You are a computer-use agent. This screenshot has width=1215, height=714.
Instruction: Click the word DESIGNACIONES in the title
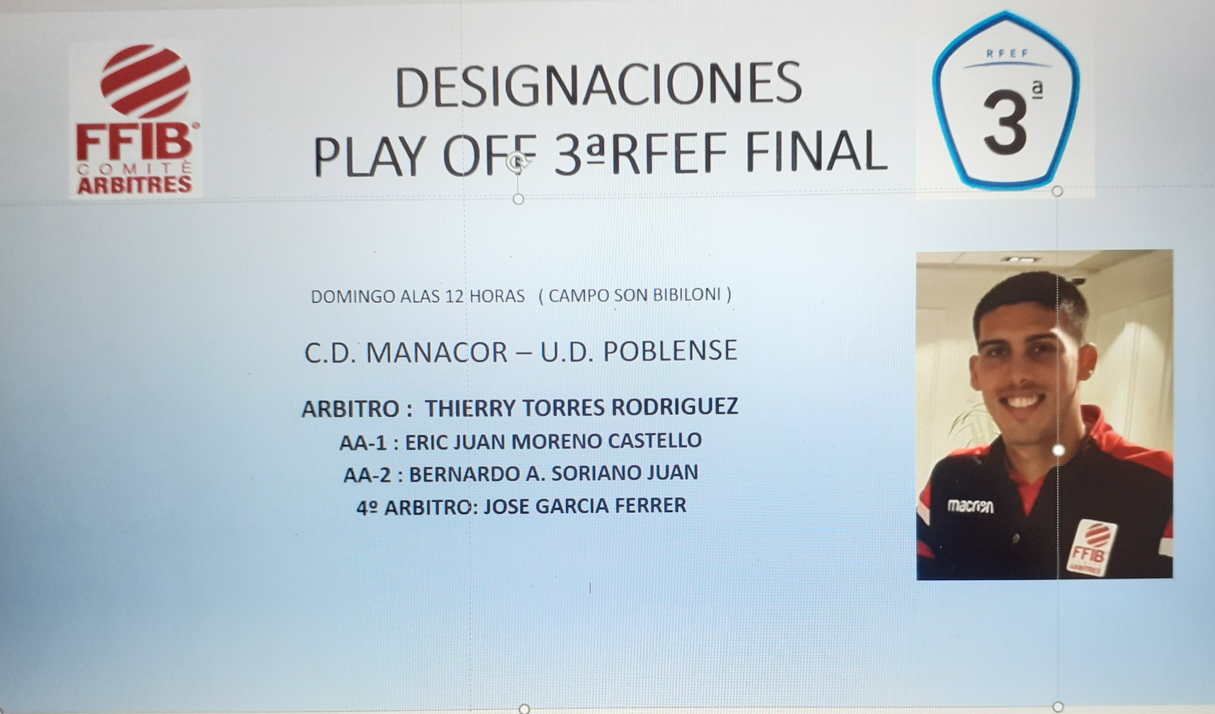pyautogui.click(x=598, y=86)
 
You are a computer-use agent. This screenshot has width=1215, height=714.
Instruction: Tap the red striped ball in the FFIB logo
pyautogui.click(x=145, y=81)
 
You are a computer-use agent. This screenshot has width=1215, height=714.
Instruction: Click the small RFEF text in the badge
pyautogui.click(x=1007, y=53)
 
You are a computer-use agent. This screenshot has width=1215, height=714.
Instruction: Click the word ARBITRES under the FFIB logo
pyautogui.click(x=135, y=185)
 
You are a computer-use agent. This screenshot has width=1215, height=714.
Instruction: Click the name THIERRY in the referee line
pyautogui.click(x=471, y=408)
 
